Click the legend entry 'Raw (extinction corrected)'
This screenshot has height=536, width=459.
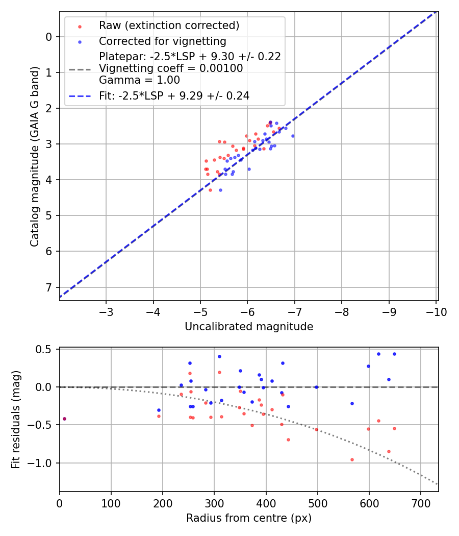tap(169, 26)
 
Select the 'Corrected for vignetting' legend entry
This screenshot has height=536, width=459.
tap(162, 41)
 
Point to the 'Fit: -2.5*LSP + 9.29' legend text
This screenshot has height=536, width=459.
tap(174, 95)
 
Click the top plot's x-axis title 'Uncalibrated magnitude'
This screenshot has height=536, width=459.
tap(249, 326)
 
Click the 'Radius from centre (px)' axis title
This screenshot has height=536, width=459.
tap(249, 518)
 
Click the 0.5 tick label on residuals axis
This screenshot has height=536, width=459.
tap(45, 349)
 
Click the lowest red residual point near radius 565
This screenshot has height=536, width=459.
tap(352, 459)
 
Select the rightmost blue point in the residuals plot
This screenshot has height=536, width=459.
tap(394, 354)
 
